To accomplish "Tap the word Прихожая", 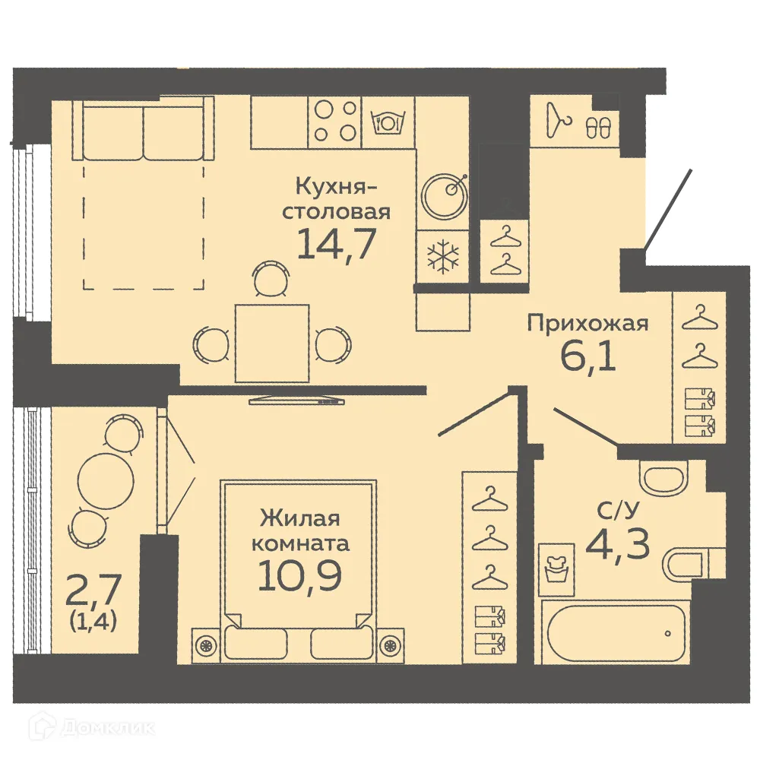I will click(588, 325).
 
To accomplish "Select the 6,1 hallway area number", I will click(587, 356).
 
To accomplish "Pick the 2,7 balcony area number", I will click(94, 590).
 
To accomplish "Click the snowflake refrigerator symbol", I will click(443, 257).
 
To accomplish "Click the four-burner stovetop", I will click(336, 121).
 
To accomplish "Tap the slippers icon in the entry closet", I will click(598, 128).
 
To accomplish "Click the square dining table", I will click(272, 344).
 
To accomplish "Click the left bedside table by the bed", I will click(205, 644).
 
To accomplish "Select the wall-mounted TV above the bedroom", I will click(296, 399).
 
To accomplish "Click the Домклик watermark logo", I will click(95, 727).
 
